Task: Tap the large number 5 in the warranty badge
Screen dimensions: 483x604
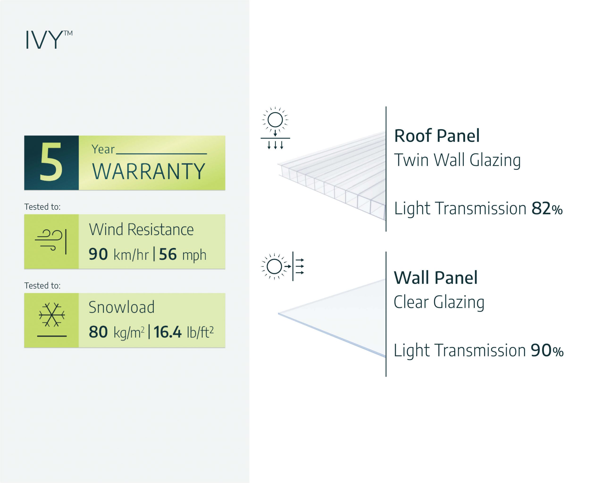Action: [51, 162]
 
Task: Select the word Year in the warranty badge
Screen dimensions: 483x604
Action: [103, 149]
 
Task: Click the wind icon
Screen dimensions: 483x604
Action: [51, 241]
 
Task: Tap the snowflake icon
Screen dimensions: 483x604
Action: [52, 315]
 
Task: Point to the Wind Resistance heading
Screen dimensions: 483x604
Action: [141, 230]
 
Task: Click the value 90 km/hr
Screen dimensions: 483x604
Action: [118, 254]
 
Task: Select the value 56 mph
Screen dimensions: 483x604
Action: [182, 254]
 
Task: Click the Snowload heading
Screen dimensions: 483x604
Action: [122, 307]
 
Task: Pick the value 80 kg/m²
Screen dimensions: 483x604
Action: [117, 332]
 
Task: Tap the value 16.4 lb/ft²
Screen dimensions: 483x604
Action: [184, 332]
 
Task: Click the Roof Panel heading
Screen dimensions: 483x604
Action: [437, 136]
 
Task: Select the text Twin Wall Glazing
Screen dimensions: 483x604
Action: [457, 160]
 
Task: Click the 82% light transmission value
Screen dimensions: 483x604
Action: [547, 208]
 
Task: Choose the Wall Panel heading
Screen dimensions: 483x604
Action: [436, 278]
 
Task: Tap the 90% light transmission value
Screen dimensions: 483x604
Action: [547, 350]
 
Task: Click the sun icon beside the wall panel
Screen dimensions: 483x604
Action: [274, 266]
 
